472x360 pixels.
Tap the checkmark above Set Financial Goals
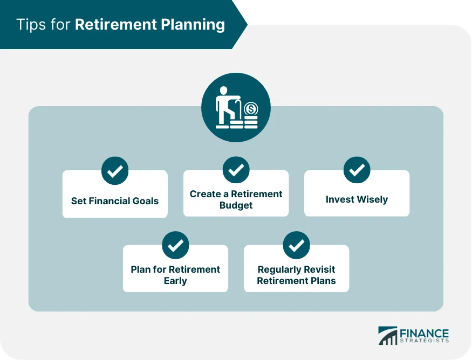(x=115, y=171)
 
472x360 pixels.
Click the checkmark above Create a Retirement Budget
(x=236, y=171)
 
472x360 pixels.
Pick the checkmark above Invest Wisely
(x=357, y=171)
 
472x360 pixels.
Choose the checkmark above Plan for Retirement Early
(x=175, y=245)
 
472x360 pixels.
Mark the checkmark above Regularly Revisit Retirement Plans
(x=296, y=245)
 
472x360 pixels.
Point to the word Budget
(x=236, y=206)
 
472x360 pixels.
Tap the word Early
(x=175, y=281)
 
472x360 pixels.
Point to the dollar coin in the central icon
(x=251, y=109)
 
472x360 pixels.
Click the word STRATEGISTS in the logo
(x=424, y=341)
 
